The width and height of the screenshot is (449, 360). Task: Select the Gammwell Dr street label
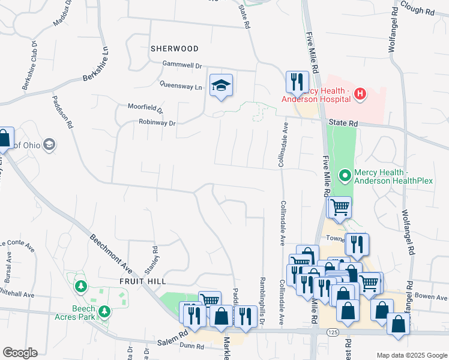click(x=182, y=64)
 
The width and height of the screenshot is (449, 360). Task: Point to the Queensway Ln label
click(x=181, y=86)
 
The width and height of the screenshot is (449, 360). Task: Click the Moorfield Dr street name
click(x=145, y=109)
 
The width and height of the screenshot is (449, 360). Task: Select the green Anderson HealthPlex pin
click(x=345, y=176)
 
